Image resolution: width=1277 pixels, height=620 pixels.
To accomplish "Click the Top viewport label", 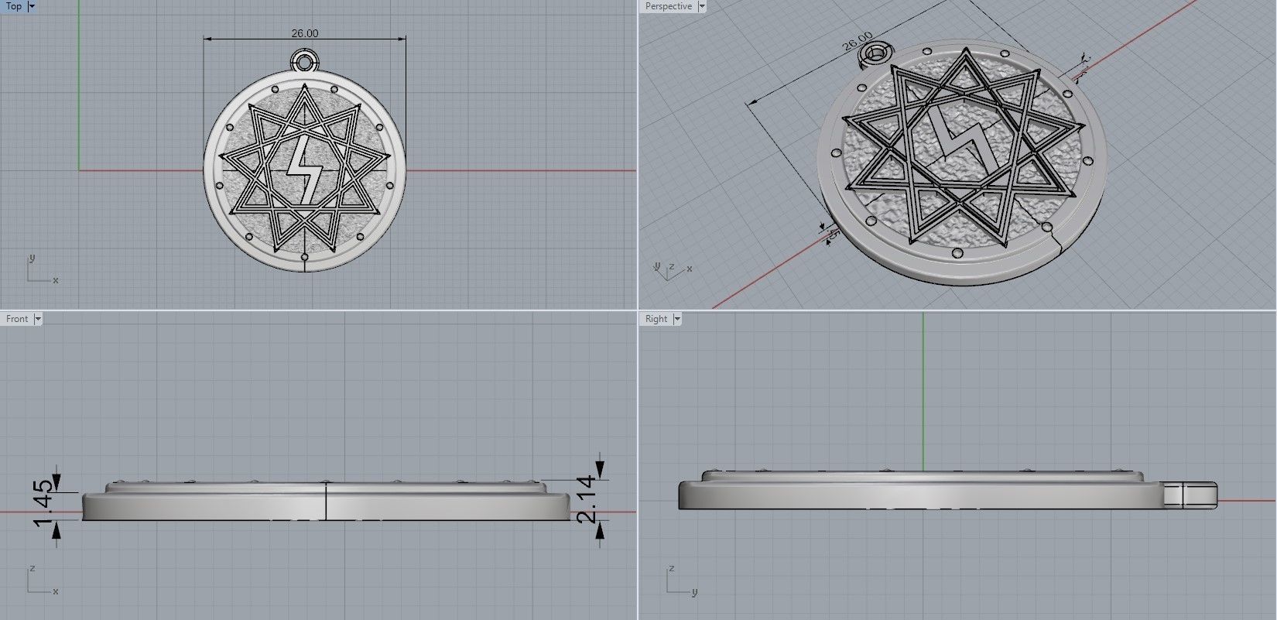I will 14,6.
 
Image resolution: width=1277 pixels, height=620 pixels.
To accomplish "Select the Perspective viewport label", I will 668,6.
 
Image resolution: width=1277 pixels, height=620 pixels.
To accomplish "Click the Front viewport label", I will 17,319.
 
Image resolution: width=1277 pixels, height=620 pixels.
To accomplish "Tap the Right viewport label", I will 656,319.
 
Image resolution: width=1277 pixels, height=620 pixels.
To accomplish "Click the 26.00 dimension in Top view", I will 304,33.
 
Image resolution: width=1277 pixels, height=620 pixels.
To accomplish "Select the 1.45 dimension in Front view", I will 43,501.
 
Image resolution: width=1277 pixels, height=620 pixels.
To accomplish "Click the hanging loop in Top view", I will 305,60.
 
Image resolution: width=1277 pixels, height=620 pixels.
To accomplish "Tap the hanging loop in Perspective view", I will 876,53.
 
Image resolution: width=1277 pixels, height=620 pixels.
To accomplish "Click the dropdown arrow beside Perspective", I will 702,6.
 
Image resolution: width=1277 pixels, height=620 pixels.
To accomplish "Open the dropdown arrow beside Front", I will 38,319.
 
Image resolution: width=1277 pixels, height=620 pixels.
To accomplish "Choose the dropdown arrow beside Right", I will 677,319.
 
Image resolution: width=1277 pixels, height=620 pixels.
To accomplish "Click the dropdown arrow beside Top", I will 32,6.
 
